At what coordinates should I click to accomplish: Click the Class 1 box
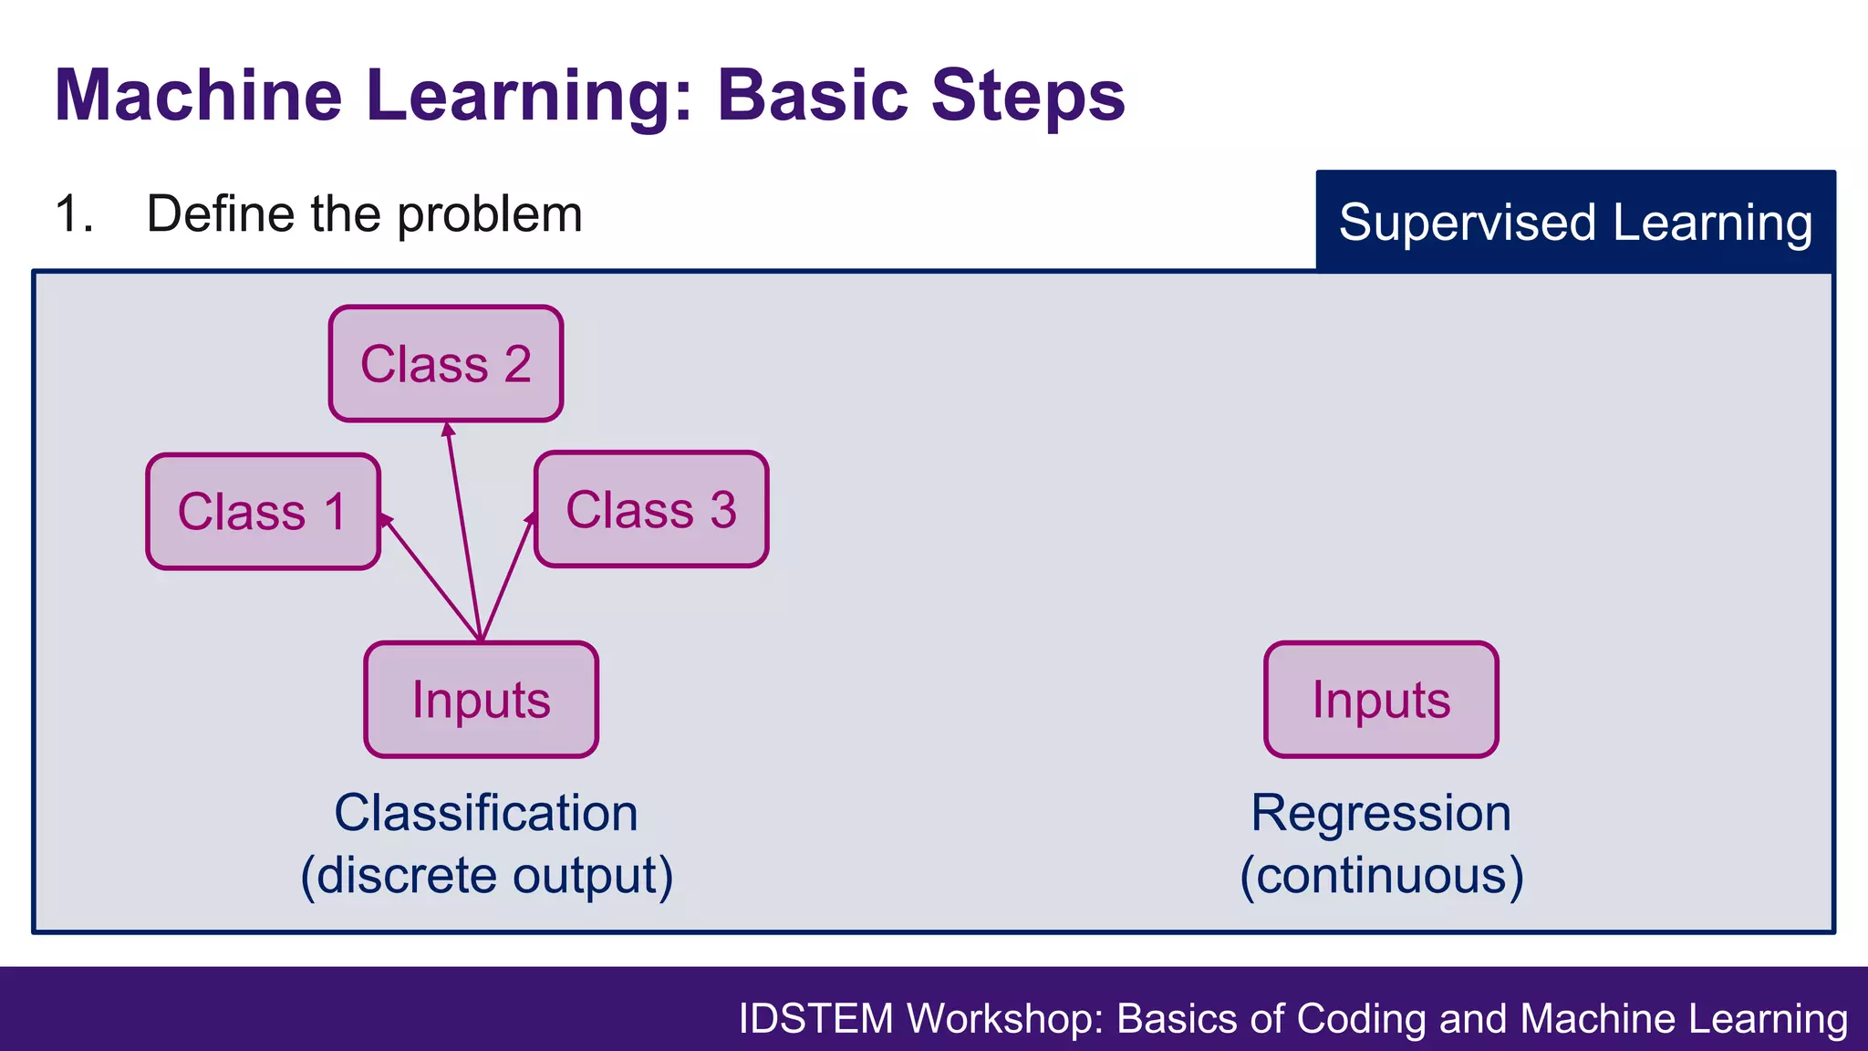[x=263, y=512]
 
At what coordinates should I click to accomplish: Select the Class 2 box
[x=445, y=364]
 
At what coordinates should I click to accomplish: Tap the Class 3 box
[x=651, y=509]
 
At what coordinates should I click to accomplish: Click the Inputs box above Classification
[x=481, y=700]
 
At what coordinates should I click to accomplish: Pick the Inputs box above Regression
[x=1381, y=700]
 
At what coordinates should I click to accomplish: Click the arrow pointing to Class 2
[x=462, y=529]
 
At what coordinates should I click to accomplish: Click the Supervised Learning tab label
[x=1575, y=223]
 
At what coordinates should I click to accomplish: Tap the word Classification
[x=485, y=813]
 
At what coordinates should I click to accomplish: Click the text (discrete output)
[x=486, y=875]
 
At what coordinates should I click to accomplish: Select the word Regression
[x=1381, y=813]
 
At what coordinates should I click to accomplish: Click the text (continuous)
[x=1381, y=875]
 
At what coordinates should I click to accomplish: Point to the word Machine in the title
[x=198, y=95]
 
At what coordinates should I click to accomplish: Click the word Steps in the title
[x=1028, y=95]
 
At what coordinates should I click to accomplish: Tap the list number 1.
[x=73, y=214]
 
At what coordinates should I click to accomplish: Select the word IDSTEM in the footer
[x=815, y=1018]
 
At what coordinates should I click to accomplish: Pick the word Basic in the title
[x=813, y=95]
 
